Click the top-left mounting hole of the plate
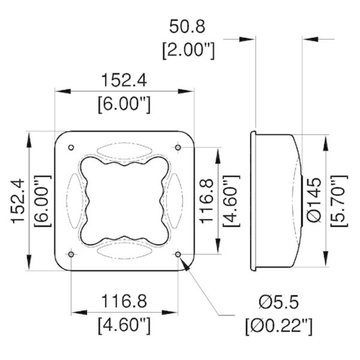click(71, 148)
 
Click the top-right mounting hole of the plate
click(178, 148)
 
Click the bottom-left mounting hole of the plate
click(71, 255)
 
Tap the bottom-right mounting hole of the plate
click(178, 255)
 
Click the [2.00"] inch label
click(187, 50)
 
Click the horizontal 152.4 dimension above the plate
click(123, 81)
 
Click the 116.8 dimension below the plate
click(123, 300)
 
